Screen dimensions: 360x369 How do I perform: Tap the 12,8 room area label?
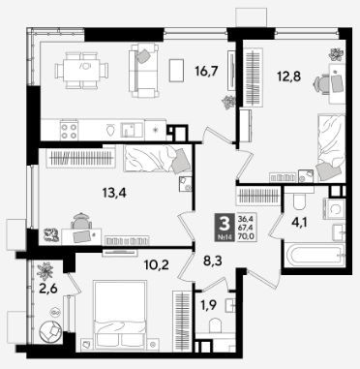click(288, 77)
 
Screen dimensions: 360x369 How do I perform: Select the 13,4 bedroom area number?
click(114, 193)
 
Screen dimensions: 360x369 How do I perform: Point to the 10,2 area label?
click(157, 265)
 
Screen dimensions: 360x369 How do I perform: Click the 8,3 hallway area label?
click(213, 261)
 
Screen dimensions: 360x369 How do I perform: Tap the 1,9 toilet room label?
click(208, 305)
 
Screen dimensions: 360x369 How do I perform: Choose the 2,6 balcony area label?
click(48, 289)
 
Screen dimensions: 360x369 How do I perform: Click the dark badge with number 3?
click(225, 229)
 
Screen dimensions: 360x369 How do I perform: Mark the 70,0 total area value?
click(246, 236)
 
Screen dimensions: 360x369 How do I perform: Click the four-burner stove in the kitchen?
click(69, 131)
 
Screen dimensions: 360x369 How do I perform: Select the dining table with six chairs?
click(81, 71)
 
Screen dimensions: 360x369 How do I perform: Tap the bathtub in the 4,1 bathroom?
click(314, 255)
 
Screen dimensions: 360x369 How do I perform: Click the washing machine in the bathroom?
click(335, 209)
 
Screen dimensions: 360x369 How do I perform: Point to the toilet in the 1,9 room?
click(215, 325)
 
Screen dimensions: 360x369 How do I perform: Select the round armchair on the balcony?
click(49, 331)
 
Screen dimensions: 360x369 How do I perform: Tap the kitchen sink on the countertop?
click(132, 130)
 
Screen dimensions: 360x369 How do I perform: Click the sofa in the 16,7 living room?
click(144, 71)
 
